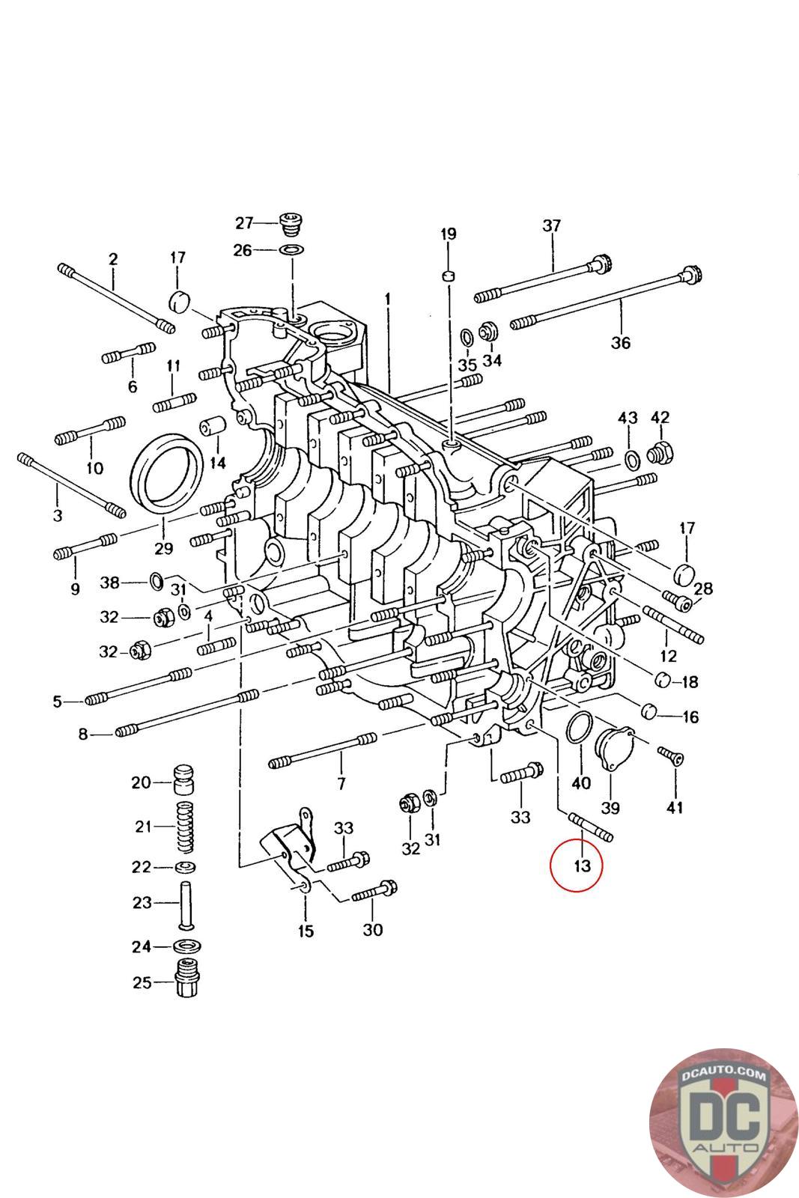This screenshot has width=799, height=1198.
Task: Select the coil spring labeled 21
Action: [x=185, y=827]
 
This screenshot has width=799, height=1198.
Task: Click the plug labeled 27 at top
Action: [x=289, y=222]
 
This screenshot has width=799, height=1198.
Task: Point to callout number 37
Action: [x=552, y=225]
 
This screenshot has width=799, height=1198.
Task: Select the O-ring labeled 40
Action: [x=580, y=729]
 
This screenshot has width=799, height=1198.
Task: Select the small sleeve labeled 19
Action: [x=449, y=276]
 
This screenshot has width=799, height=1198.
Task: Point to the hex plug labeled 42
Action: [x=661, y=453]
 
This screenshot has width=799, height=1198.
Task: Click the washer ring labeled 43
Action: [x=631, y=457]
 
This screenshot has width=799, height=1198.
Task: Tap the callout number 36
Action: [x=620, y=343]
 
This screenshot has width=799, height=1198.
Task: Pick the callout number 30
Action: [x=372, y=930]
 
